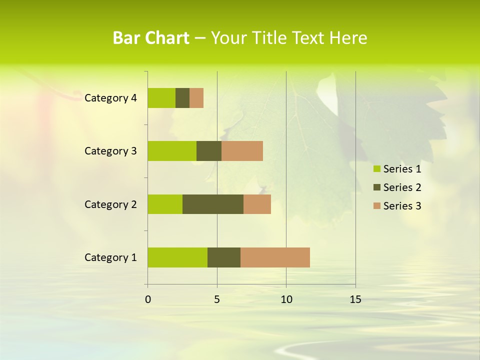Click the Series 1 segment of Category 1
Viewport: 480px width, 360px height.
coord(177,257)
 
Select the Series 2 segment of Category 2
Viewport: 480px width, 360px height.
coord(213,204)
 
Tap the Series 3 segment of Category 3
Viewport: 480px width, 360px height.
coord(242,151)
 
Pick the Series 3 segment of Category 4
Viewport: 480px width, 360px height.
coord(196,98)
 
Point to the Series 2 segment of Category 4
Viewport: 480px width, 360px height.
coord(182,98)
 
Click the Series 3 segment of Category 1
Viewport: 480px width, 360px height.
coord(275,257)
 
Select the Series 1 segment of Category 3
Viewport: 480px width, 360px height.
coord(172,151)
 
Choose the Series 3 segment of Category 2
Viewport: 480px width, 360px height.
coord(257,204)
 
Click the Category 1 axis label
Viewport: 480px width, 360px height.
coord(110,257)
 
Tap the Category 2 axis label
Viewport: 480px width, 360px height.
coord(110,204)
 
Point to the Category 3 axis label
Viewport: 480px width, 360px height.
coord(110,151)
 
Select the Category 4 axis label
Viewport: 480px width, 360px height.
coord(110,98)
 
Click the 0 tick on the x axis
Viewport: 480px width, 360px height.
coord(148,299)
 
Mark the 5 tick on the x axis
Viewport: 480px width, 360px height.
coord(217,299)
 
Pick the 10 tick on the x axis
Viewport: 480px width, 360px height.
coord(286,299)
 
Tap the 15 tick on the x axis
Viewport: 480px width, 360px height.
coord(355,299)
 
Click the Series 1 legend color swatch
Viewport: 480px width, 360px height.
coord(376,169)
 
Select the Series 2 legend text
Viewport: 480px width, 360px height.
coord(402,187)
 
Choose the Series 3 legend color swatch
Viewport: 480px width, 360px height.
coord(376,206)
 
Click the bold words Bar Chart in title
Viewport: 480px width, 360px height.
coord(151,38)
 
